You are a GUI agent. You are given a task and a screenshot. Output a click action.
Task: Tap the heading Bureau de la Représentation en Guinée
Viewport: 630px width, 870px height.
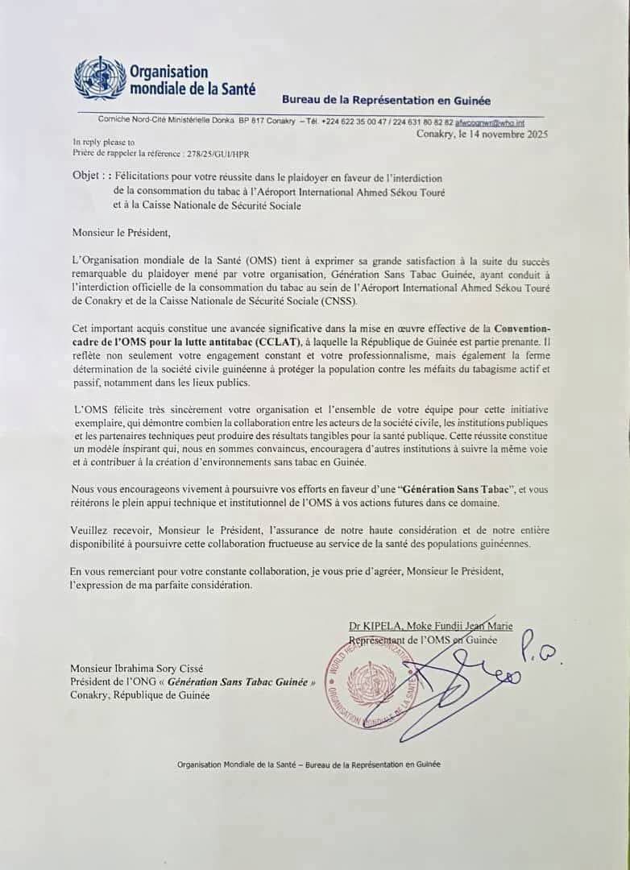point(385,100)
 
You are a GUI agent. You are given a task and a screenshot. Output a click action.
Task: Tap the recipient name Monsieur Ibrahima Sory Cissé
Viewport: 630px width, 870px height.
point(136,668)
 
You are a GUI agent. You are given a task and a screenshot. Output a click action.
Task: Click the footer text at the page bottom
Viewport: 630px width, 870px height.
point(309,764)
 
